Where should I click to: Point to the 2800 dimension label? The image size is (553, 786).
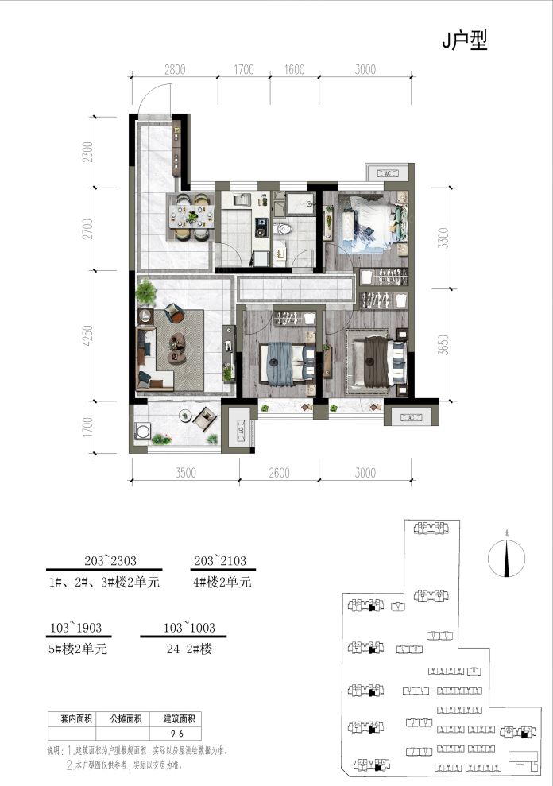[175, 70]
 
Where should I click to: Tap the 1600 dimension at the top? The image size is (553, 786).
[293, 70]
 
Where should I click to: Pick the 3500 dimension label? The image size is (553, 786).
[184, 472]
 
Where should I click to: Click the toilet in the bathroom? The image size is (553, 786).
[284, 229]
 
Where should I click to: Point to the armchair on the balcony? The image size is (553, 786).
[207, 418]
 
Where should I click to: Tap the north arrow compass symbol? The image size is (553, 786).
[506, 557]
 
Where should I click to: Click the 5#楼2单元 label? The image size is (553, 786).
[78, 649]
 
